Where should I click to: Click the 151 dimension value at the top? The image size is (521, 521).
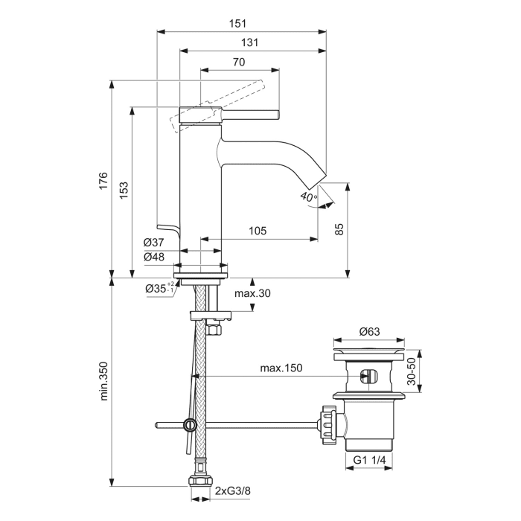point(239,23)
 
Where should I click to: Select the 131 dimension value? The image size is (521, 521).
point(250,43)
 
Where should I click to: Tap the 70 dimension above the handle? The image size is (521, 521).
point(239,63)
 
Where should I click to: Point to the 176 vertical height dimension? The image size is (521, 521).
point(103,180)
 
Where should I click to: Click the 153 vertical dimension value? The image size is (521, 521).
point(124,190)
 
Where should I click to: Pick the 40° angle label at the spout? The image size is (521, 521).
point(307,196)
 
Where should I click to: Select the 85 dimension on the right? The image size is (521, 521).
point(339,228)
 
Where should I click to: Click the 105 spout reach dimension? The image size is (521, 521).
point(256,231)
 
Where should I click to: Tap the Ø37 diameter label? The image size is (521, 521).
point(154,243)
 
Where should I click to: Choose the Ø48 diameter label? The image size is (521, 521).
point(154,257)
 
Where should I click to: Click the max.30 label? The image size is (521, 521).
point(253,293)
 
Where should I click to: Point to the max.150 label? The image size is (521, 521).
point(281,368)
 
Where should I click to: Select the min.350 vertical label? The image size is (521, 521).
point(103,381)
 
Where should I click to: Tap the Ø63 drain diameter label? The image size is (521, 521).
point(370,331)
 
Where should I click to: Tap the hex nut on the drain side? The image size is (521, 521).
point(327,425)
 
